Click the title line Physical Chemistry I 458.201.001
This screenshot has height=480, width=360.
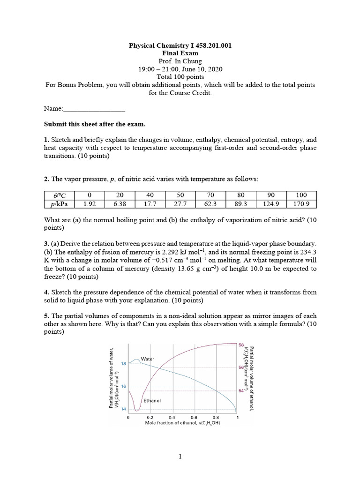180,45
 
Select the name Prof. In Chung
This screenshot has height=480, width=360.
180,61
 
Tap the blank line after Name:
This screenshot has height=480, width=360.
94,108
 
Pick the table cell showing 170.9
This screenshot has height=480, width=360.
301,204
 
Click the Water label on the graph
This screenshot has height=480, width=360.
148,359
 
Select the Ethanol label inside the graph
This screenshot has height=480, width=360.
152,401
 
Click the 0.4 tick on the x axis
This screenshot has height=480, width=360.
172,417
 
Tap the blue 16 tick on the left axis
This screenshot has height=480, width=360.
123,386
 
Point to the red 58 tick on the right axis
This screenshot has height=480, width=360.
242,345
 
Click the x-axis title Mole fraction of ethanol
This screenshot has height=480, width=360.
182,423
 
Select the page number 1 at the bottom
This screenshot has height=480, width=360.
180,456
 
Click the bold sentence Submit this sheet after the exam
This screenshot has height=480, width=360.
95,124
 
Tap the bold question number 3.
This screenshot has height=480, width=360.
46,244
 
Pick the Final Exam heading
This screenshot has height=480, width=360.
180,53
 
